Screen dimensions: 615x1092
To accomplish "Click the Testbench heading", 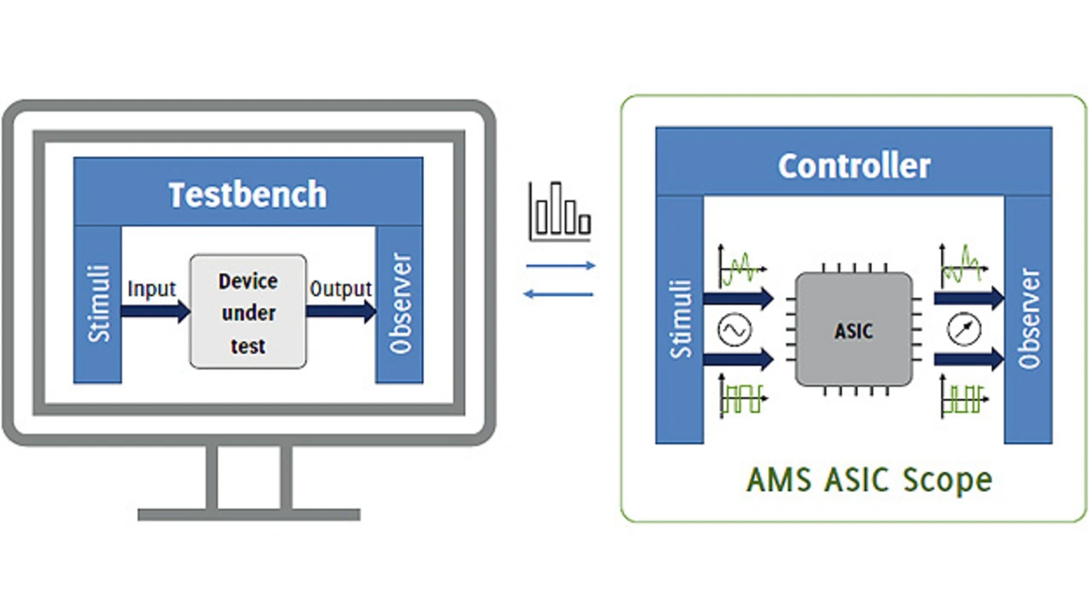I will click(247, 194).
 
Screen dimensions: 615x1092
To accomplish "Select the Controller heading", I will click(853, 165).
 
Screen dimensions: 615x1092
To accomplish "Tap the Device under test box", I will click(247, 312).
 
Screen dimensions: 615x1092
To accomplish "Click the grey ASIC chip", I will click(853, 329).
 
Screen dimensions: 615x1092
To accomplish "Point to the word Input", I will click(152, 289).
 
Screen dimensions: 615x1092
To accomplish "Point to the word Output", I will click(340, 289).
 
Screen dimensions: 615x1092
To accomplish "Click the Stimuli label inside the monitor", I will click(99, 303).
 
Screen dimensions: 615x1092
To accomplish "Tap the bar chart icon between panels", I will click(560, 210).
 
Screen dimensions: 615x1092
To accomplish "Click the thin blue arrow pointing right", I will click(561, 266).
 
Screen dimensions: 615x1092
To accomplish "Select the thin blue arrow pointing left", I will click(559, 295).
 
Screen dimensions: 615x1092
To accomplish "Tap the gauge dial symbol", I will click(963, 330).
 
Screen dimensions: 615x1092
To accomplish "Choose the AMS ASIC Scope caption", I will click(868, 479).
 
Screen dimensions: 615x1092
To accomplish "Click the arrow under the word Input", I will click(155, 311).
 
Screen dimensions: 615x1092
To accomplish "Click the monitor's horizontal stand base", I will click(248, 514).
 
